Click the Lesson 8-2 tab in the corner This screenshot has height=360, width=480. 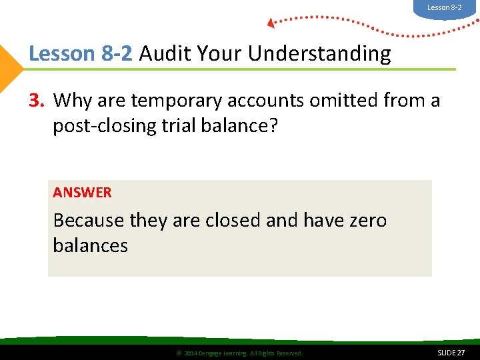[444, 8]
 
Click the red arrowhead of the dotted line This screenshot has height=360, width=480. [271, 23]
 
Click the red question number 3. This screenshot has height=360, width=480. [37, 101]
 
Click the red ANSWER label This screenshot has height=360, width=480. [82, 193]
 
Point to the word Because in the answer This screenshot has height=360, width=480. [89, 220]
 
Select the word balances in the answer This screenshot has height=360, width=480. [90, 245]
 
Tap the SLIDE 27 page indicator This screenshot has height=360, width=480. [451, 352]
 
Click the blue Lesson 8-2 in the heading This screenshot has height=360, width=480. [81, 53]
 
